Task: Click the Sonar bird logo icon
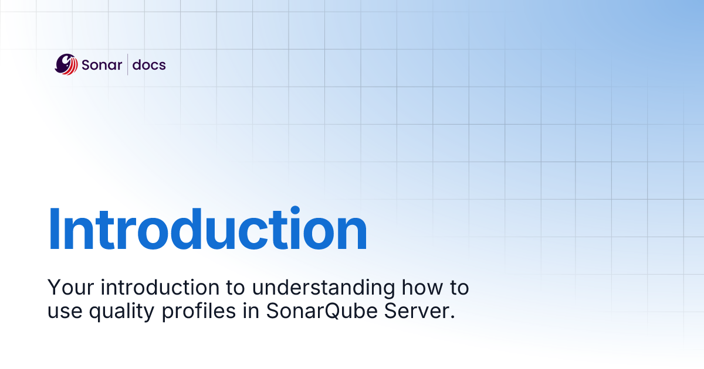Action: click(x=66, y=64)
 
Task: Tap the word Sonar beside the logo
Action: click(x=102, y=65)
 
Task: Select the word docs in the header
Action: click(x=149, y=65)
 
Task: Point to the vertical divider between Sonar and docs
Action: click(x=127, y=64)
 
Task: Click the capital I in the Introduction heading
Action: click(x=54, y=230)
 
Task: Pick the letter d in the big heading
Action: click(x=200, y=230)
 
